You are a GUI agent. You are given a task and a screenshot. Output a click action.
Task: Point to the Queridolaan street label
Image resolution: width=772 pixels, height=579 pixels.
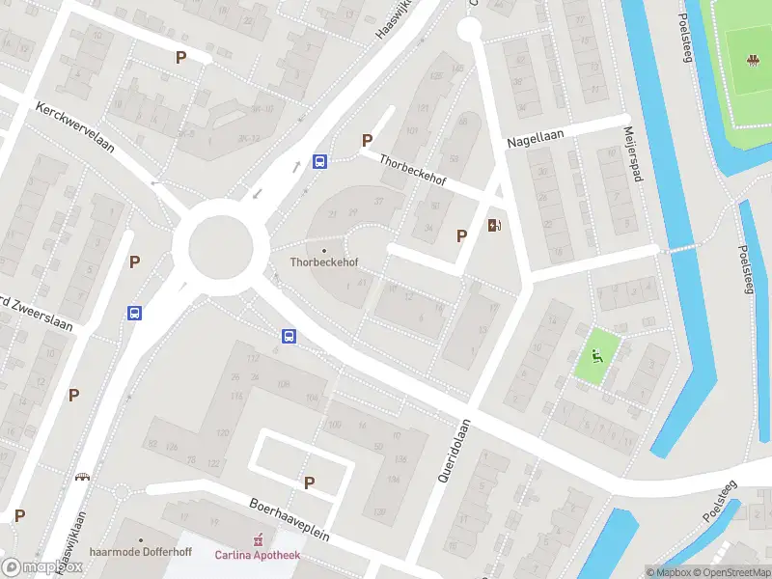(451, 452)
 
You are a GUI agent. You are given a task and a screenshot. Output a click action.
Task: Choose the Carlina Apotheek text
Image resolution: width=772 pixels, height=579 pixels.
(258, 554)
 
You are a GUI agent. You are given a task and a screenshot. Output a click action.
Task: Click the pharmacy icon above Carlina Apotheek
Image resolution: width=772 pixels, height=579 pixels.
(258, 538)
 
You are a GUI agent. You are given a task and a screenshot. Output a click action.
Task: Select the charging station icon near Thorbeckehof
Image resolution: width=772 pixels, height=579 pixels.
(495, 225)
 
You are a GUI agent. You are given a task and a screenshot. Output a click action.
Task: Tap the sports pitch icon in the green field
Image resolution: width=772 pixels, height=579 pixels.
(751, 60)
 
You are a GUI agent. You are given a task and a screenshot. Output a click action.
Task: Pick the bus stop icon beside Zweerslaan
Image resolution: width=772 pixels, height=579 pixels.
(134, 313)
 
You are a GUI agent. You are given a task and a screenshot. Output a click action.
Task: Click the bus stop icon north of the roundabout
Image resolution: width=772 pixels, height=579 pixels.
(319, 162)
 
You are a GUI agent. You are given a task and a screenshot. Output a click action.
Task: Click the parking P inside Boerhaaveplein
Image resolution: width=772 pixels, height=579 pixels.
(309, 482)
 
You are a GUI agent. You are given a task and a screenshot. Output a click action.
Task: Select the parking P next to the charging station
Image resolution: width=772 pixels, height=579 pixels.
(461, 235)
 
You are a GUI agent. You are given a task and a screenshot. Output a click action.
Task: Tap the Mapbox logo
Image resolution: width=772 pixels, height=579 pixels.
(41, 566)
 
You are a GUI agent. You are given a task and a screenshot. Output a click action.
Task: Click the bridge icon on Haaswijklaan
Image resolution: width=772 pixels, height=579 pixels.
(83, 477)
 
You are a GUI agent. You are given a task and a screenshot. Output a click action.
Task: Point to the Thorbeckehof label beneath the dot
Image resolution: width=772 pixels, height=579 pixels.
(323, 262)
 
